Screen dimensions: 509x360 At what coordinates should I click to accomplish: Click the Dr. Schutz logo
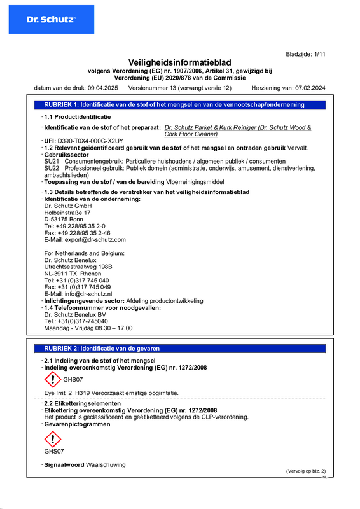(x=50, y=19)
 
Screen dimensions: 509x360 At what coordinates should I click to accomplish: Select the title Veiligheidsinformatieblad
(x=179, y=62)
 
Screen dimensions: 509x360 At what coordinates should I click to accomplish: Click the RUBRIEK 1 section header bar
(x=179, y=104)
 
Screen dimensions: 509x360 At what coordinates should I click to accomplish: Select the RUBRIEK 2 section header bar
(x=179, y=349)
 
